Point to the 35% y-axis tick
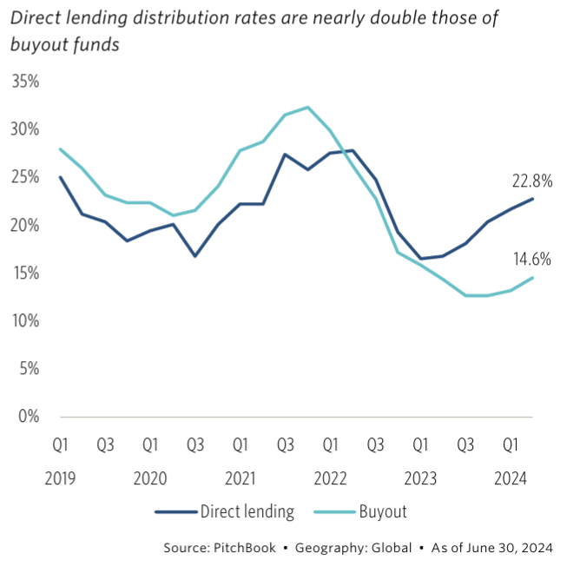click(x=27, y=82)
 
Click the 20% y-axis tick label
click(x=27, y=226)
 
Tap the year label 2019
click(x=59, y=478)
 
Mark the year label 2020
click(x=149, y=478)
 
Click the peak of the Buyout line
click(x=307, y=108)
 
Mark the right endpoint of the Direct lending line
click(x=533, y=199)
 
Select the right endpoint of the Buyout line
click(x=533, y=278)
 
